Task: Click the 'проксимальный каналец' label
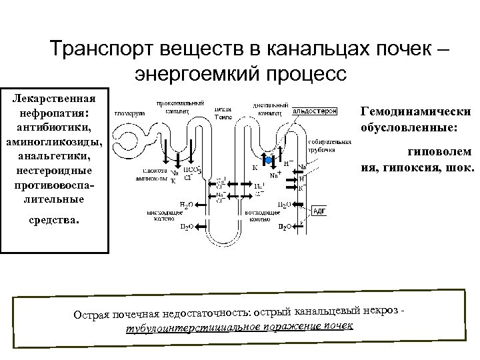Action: coord(172,108)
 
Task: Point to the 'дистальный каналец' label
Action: coord(271,108)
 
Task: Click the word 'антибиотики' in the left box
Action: coord(55,125)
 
